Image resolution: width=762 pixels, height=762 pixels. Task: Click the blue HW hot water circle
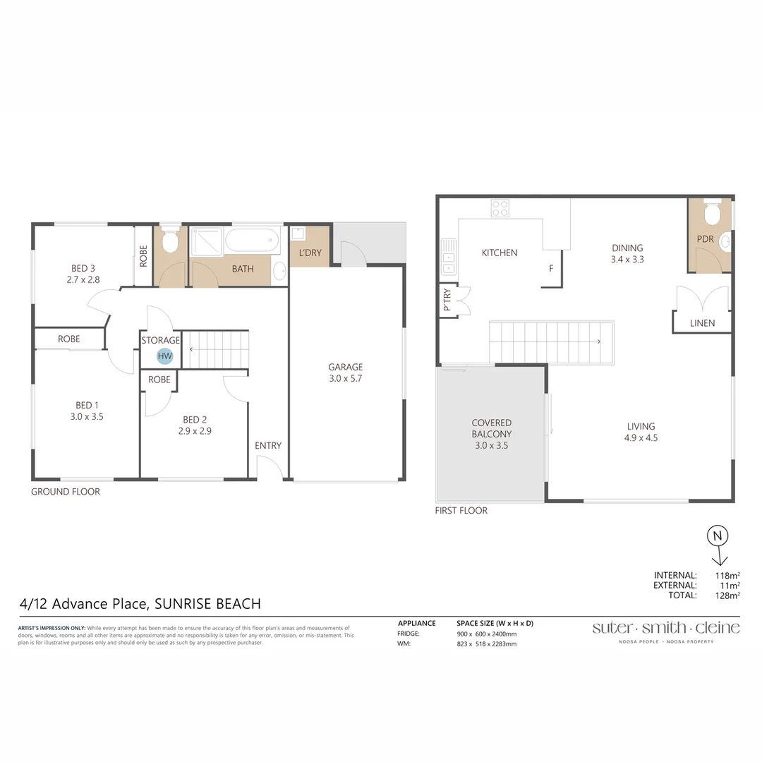164,356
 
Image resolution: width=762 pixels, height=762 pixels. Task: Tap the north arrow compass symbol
718,543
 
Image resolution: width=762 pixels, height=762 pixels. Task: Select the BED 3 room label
83,268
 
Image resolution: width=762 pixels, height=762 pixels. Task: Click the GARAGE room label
345,367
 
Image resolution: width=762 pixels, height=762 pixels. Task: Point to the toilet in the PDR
712,212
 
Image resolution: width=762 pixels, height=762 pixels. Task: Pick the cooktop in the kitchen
500,208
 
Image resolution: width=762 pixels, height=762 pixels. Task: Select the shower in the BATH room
206,241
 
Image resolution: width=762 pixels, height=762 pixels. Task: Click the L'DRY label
310,253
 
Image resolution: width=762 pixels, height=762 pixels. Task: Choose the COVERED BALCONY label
492,428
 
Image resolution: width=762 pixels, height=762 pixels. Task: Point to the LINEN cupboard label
702,323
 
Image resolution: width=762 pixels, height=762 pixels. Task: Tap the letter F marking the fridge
552,268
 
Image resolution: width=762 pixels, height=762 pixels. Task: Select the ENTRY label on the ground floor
268,445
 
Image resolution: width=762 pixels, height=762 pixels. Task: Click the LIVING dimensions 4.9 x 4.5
641,437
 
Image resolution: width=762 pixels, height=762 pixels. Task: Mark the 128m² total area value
727,595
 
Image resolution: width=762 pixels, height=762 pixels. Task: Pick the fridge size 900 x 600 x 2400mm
487,634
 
